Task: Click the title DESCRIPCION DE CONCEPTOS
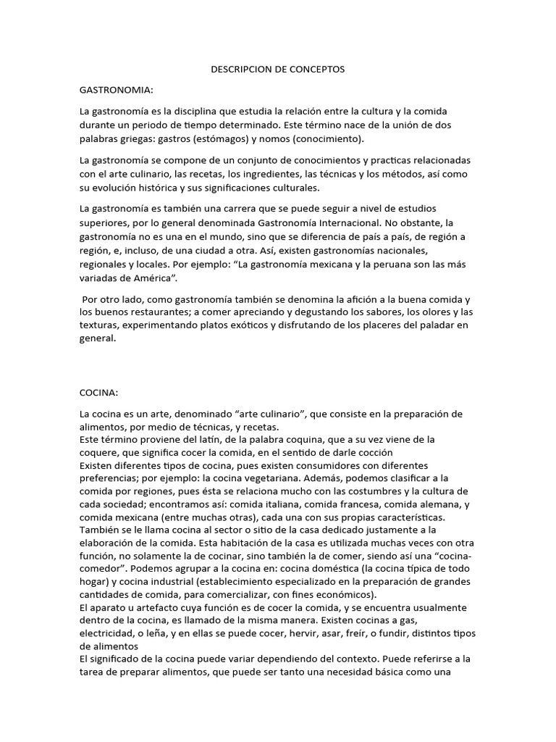[x=277, y=70]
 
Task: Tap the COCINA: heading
[x=98, y=392]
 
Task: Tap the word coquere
[x=101, y=453]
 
